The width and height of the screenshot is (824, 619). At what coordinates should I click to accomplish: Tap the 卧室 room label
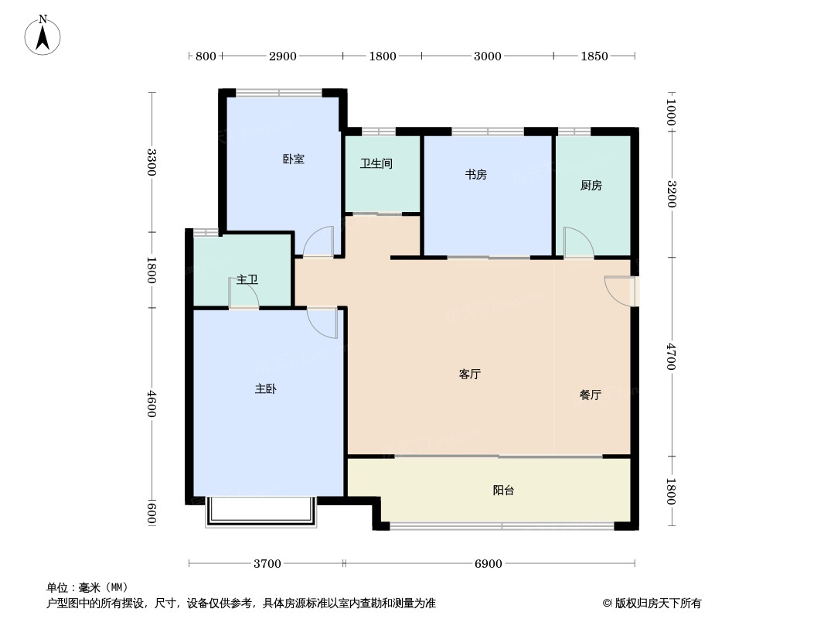tap(293, 159)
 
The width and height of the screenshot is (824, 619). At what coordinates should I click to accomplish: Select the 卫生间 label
tap(376, 164)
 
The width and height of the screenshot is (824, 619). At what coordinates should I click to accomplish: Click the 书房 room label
tap(475, 175)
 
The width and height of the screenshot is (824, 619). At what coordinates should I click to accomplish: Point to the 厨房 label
tap(591, 186)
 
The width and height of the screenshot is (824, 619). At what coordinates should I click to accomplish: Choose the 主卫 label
tap(247, 279)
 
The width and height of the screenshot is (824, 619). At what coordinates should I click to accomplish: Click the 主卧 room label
tap(265, 389)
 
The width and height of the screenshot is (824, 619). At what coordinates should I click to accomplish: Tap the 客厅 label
tap(470, 374)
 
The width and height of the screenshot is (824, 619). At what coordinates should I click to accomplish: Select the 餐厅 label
tap(590, 395)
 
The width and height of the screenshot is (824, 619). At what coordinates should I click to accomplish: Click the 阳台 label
tap(503, 491)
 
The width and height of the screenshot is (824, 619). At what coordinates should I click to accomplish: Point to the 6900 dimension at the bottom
tap(487, 564)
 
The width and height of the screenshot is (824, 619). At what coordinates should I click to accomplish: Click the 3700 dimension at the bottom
tap(267, 564)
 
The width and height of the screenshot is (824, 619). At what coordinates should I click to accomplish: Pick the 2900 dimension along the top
tap(282, 56)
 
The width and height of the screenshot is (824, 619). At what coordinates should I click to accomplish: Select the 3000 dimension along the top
tap(487, 56)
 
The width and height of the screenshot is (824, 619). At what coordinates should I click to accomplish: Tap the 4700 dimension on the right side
tap(671, 357)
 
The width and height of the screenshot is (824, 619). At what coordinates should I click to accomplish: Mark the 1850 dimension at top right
tap(594, 56)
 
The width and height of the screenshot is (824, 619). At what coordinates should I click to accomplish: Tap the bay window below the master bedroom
tap(260, 512)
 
